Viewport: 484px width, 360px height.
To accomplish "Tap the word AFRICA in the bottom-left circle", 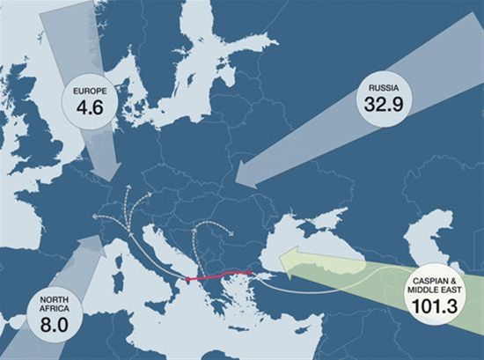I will (x=54, y=308).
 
